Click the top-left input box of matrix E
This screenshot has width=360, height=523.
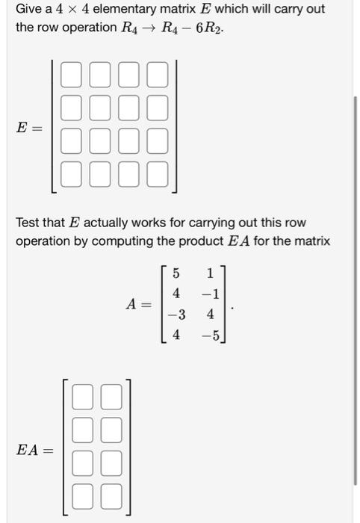pos(71,75)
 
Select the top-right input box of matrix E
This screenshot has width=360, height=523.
pos(157,75)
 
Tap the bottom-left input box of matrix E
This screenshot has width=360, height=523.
pos(71,175)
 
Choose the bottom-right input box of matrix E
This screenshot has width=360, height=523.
pos(157,175)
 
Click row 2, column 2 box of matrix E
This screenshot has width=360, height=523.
pos(99,108)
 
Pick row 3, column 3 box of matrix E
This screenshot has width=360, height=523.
pos(128,142)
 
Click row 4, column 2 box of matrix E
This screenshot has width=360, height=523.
pos(99,175)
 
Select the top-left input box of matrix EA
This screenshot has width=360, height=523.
pos(84,396)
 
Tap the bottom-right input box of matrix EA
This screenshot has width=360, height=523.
pos(111,495)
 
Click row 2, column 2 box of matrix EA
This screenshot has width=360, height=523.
pos(111,429)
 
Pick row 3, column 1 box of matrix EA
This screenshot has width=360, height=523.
pos(84,462)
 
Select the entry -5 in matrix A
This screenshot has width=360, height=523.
pos(211,336)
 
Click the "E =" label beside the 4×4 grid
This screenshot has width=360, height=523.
pos(31,128)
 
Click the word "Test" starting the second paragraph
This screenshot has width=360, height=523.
pos(30,223)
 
